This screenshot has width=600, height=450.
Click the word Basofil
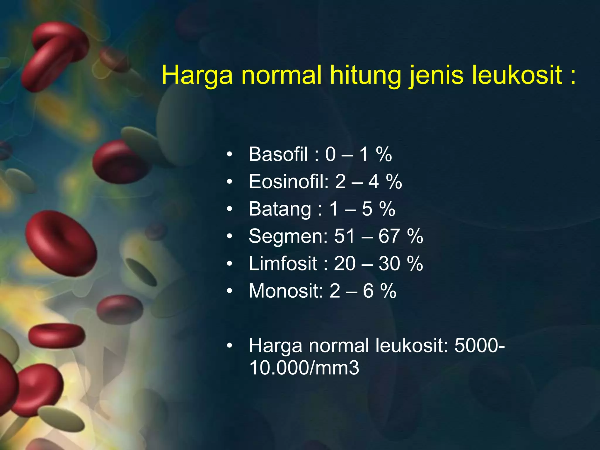(x=278, y=154)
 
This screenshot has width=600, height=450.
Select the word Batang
(x=280, y=209)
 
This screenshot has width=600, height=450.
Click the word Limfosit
(x=283, y=264)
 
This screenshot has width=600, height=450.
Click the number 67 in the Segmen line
(x=389, y=236)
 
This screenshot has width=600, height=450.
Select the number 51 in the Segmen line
(x=345, y=236)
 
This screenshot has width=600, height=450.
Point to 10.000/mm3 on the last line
(x=304, y=368)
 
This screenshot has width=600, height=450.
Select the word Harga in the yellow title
(x=197, y=76)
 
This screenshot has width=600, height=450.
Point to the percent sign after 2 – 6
(x=388, y=291)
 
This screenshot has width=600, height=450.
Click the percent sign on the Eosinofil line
(x=394, y=182)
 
